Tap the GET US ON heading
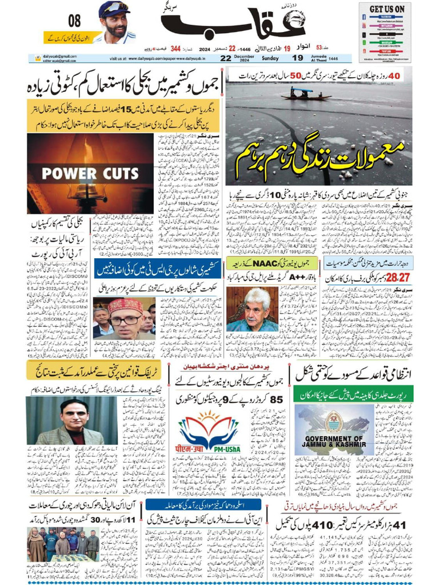click(386, 9)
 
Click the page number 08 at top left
click(74, 22)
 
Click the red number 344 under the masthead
click(175, 49)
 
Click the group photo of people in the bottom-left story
click(63, 547)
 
